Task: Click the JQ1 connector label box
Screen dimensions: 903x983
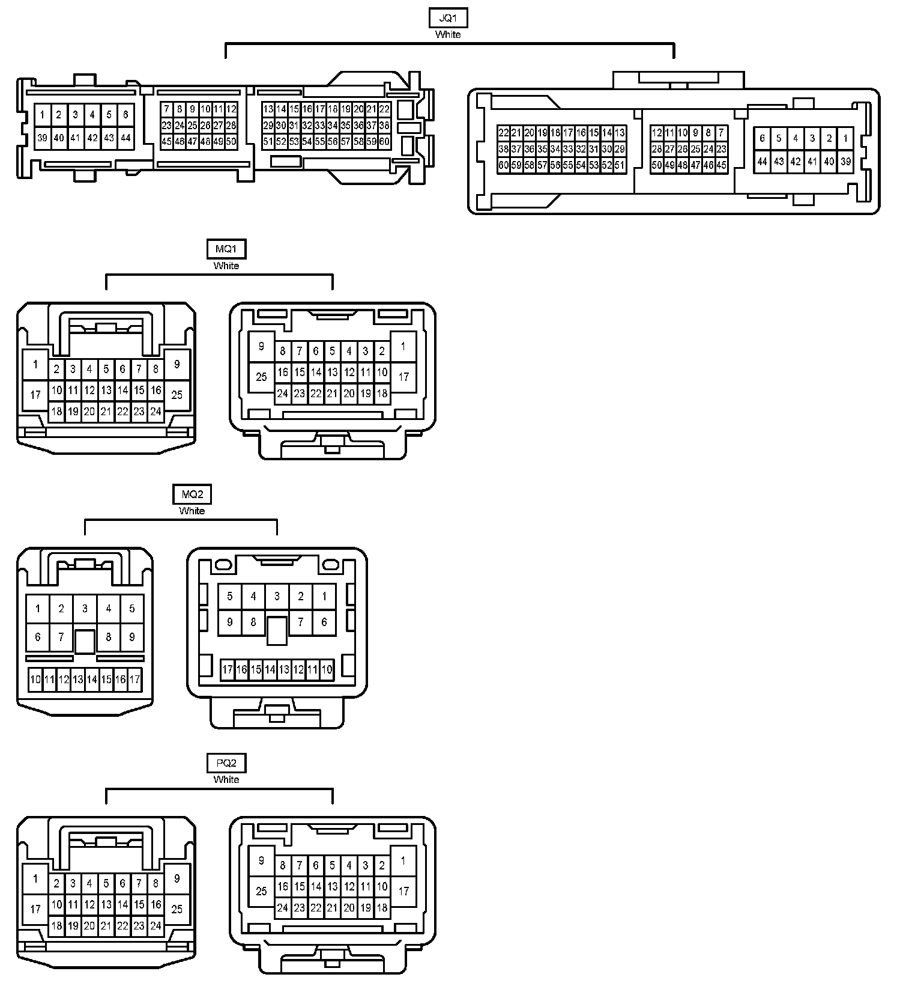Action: pos(448,18)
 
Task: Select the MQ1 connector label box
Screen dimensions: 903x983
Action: pos(226,249)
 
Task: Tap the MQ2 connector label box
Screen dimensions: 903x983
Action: pos(192,495)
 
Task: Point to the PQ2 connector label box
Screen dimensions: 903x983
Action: pos(226,764)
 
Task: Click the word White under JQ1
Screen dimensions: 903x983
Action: pos(448,35)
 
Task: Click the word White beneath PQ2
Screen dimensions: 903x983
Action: pos(226,780)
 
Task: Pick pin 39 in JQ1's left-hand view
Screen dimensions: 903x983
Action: pos(42,138)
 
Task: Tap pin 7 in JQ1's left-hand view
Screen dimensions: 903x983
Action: pos(166,109)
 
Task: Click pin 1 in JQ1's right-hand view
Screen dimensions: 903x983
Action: pos(845,139)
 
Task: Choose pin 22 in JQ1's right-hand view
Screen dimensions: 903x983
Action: pos(503,133)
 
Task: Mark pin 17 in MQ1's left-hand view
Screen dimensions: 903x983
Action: pos(35,395)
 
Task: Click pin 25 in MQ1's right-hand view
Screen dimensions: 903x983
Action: pos(261,377)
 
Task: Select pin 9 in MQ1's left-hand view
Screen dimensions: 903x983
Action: pos(177,364)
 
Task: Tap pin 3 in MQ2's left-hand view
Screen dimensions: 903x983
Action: pos(85,609)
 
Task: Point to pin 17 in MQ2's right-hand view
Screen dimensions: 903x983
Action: pos(227,669)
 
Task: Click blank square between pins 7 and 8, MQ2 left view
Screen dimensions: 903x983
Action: pos(85,641)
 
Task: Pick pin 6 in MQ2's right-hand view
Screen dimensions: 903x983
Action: pos(324,622)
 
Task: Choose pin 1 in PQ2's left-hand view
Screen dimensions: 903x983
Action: pos(35,879)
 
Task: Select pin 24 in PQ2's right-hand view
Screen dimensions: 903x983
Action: pos(282,908)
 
